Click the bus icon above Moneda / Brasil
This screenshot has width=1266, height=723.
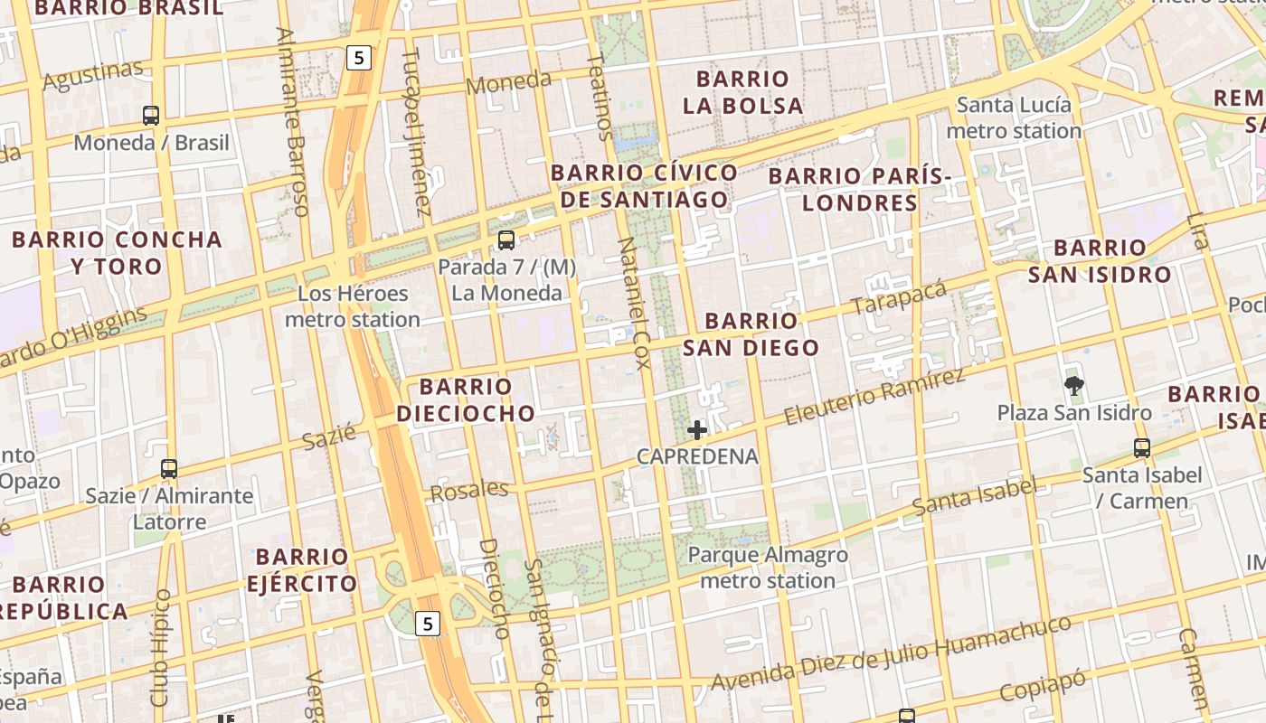click(x=151, y=116)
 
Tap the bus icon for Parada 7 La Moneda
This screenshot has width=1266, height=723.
click(x=506, y=240)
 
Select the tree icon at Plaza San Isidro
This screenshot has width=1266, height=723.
click(x=1074, y=386)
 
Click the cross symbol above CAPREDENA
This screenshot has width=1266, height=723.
click(x=696, y=430)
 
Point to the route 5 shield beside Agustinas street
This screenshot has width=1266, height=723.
click(x=359, y=58)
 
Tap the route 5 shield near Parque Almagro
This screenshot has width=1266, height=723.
click(x=428, y=624)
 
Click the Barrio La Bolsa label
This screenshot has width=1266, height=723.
click(x=742, y=92)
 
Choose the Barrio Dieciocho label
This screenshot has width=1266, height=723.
click(x=466, y=400)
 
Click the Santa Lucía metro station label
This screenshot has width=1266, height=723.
click(x=1014, y=118)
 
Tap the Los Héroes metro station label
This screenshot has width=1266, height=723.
click(x=353, y=306)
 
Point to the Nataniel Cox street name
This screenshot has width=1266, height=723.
click(x=633, y=304)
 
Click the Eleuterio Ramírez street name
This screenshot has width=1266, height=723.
click(x=874, y=397)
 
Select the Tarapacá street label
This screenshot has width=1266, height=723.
click(x=899, y=297)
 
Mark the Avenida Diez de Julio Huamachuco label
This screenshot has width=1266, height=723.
click(x=891, y=653)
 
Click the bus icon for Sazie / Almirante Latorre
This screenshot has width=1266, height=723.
click(x=169, y=469)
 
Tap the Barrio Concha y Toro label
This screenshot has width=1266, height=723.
click(x=117, y=253)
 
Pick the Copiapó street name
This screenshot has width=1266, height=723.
click(x=1042, y=685)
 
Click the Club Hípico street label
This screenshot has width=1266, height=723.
click(x=160, y=648)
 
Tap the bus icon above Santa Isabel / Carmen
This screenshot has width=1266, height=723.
click(x=1142, y=447)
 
